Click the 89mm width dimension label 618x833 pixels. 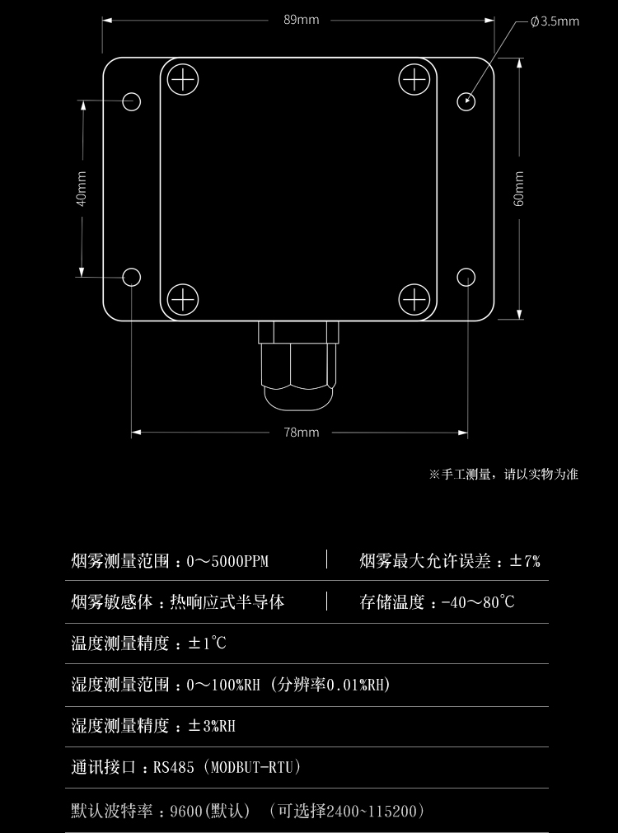point(301,20)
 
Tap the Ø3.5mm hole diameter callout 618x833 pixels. point(555,21)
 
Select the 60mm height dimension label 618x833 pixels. point(518,188)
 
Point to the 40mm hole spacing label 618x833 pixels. point(82,189)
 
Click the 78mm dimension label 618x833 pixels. point(301,433)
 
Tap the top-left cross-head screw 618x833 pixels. point(183,80)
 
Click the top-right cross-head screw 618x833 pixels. point(414,80)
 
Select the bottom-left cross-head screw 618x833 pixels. point(183,298)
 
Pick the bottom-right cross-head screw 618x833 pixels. point(414,298)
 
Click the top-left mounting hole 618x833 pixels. point(132,101)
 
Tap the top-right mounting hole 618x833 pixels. point(466,101)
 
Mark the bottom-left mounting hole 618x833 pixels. point(132,277)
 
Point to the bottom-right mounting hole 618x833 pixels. point(466,277)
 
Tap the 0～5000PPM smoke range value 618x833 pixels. point(227,562)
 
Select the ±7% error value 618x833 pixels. point(525,562)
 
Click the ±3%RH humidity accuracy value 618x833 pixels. point(212,726)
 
